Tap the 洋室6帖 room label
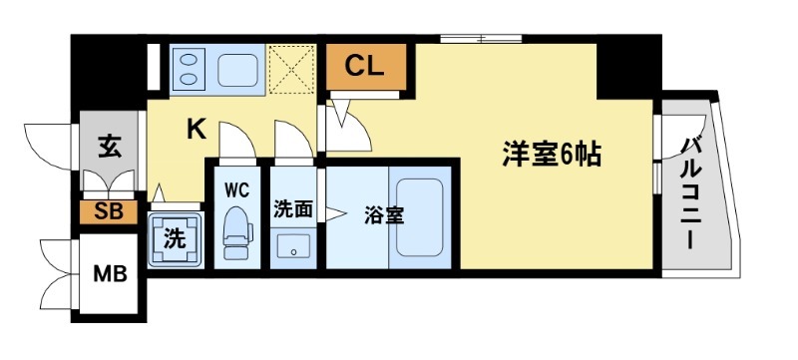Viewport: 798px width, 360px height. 552,156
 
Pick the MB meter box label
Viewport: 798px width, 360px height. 111,273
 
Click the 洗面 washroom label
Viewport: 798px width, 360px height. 294,209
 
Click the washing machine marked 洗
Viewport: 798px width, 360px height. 175,239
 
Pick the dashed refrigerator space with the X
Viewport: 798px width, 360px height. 295,69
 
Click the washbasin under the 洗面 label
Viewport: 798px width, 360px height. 293,245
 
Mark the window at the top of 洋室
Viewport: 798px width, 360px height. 481,38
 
